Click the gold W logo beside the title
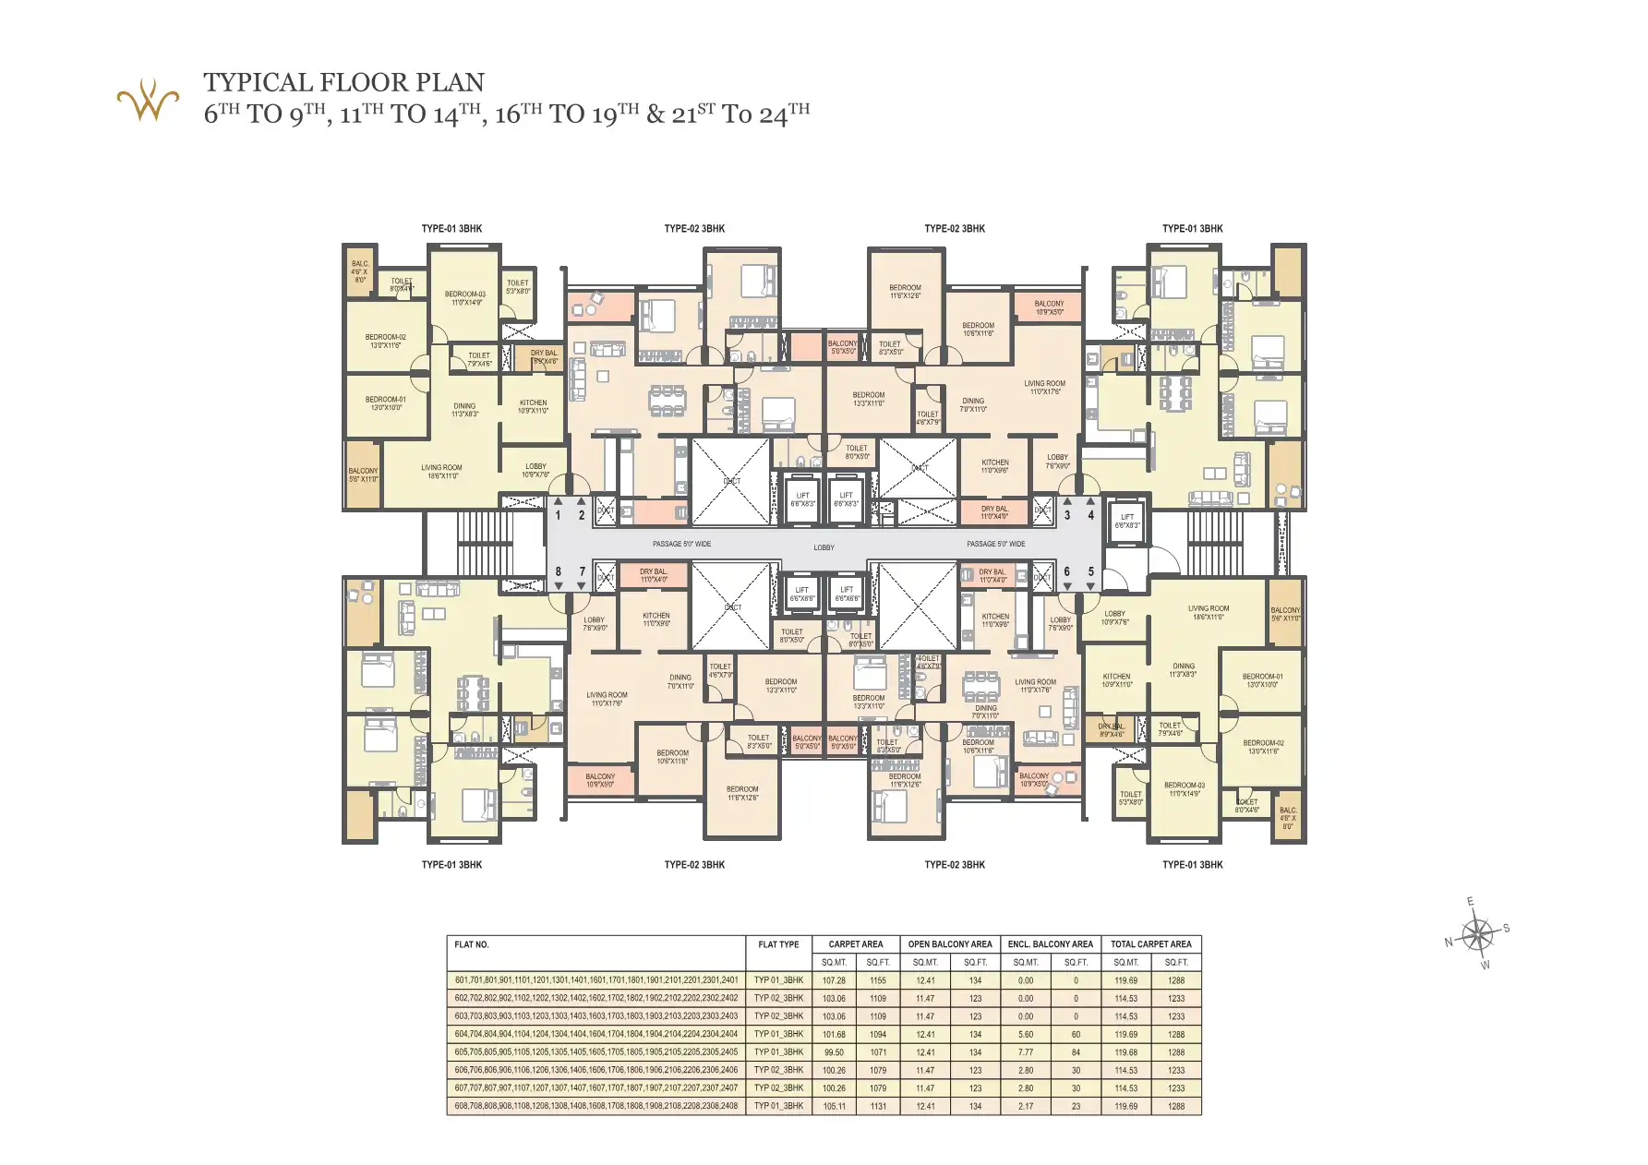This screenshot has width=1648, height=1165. click(147, 101)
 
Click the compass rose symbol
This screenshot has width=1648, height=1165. click(1477, 934)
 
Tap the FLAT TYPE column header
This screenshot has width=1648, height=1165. click(778, 944)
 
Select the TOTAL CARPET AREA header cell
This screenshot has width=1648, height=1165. click(1150, 944)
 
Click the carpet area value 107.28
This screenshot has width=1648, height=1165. click(834, 980)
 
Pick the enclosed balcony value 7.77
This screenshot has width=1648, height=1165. click(1026, 1052)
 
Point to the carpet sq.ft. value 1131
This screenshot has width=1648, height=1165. click(877, 1106)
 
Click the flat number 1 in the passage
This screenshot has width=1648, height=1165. click(558, 515)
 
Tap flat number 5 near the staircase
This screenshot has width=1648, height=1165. click(1090, 572)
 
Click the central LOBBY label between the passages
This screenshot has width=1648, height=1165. click(824, 547)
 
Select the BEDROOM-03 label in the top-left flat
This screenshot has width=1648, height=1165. click(465, 298)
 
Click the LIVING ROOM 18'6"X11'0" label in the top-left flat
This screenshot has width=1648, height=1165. click(442, 472)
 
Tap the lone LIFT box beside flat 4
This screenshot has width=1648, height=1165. click(1126, 522)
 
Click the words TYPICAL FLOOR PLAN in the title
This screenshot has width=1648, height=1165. click(343, 83)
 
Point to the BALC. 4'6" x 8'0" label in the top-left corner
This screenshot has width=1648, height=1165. click(359, 271)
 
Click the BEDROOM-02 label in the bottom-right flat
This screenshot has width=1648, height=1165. click(1263, 747)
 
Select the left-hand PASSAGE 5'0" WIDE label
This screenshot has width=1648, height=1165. click(681, 544)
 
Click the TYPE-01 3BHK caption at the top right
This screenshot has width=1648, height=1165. click(1192, 229)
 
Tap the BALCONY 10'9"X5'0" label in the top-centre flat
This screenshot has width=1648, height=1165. click(1049, 307)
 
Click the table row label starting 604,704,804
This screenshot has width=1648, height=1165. click(595, 1034)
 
